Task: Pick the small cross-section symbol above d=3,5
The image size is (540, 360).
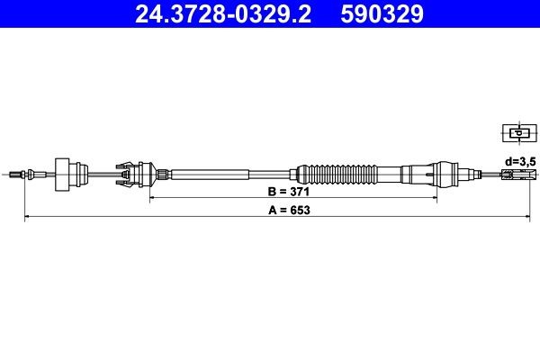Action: tap(517, 134)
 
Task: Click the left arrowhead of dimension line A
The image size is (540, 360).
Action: tap(26, 217)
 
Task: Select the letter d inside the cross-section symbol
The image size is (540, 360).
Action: tap(517, 133)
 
